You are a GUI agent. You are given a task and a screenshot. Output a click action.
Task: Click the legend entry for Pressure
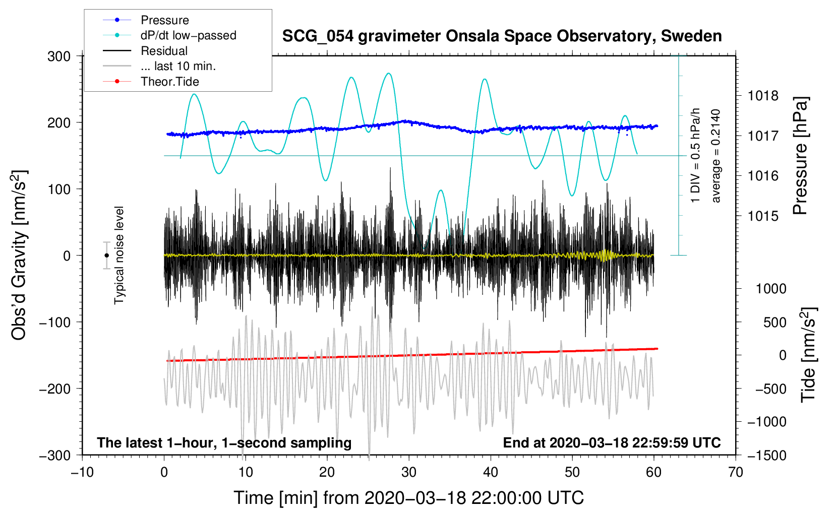coord(146,20)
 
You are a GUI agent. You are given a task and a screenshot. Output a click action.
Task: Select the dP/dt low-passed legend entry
coord(169,35)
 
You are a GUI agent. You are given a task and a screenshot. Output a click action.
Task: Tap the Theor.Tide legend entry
coord(151,82)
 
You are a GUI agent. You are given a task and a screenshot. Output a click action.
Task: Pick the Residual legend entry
coord(145,51)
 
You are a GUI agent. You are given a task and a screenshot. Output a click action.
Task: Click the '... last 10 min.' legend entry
coord(159,66)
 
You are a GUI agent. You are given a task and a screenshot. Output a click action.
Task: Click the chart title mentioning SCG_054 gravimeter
coord(502,36)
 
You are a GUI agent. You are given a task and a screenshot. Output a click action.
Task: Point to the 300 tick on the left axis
coord(59,56)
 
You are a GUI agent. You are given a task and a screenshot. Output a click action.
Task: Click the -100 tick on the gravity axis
coord(55,322)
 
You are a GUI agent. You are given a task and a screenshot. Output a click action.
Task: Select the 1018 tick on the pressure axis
coord(763,96)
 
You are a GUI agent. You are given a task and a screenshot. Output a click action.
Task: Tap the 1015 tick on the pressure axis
coord(763,216)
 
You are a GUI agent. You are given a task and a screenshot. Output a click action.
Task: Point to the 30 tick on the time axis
coord(409,473)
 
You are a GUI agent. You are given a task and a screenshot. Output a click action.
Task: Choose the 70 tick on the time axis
coord(735,473)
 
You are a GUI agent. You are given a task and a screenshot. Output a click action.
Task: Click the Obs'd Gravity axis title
coord(19,255)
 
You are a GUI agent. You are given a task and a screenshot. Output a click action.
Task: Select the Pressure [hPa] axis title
coord(800,156)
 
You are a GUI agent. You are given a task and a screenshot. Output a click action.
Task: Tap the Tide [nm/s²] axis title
coord(808,355)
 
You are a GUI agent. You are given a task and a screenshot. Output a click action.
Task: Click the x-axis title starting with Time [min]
coord(409,498)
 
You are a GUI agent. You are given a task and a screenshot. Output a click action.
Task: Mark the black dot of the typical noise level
coord(106,255)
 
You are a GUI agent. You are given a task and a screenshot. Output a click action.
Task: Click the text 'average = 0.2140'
coord(715,156)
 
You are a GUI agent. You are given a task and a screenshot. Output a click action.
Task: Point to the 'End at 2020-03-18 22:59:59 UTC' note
coord(612,442)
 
